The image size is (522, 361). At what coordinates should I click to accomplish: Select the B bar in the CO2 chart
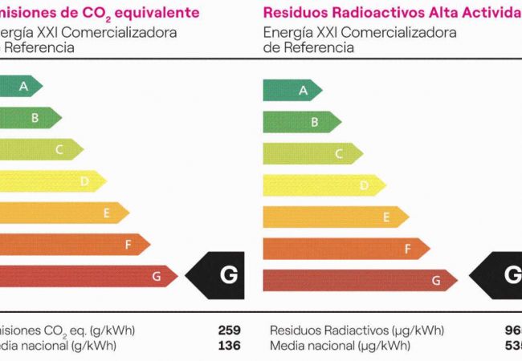pyautogui.click(x=28, y=118)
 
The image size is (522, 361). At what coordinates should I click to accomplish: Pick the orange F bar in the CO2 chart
pyautogui.click(x=72, y=245)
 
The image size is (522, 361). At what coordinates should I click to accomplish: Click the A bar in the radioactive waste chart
pyautogui.click(x=291, y=90)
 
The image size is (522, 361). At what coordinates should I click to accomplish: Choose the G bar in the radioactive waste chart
pyautogui.click(x=357, y=280)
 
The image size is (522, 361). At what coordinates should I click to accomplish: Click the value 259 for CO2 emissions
pyautogui.click(x=229, y=331)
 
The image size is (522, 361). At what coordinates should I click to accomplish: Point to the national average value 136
pyautogui.click(x=229, y=346)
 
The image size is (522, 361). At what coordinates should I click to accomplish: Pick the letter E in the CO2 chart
pyautogui.click(x=106, y=213)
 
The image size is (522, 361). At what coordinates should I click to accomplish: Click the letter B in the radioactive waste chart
pyautogui.click(x=315, y=122)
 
